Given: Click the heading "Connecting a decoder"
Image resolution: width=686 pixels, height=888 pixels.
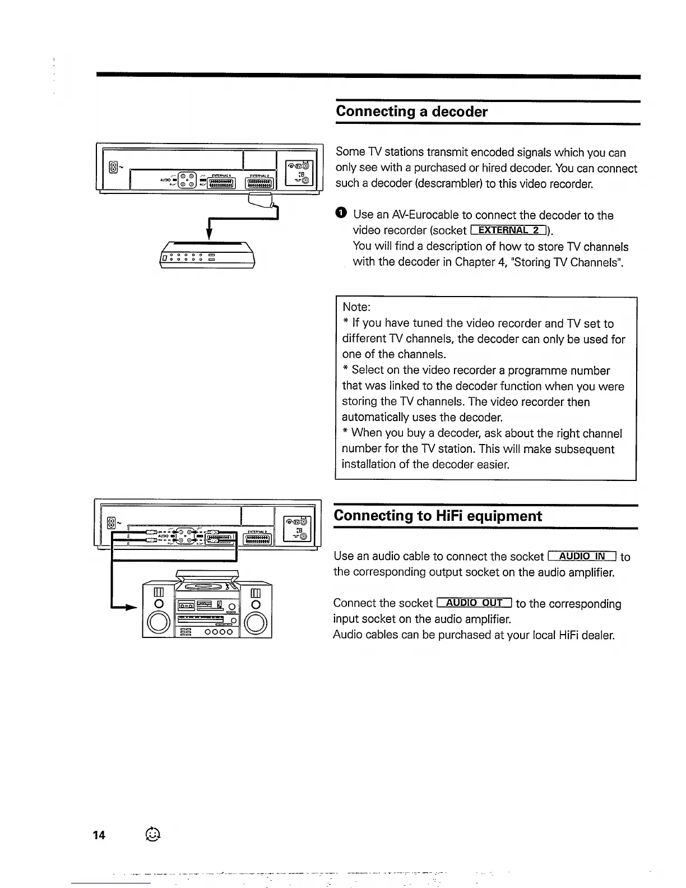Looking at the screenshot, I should click(411, 111).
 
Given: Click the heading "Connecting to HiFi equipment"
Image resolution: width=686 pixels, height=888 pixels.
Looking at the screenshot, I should click(438, 516).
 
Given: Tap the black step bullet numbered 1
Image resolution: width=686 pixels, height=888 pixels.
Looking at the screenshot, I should click(341, 214).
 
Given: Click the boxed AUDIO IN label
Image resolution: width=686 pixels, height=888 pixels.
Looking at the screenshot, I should click(582, 556).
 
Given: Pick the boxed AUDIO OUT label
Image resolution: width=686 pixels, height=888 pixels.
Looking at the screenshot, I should click(474, 603).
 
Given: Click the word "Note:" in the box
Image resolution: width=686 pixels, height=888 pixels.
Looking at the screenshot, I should click(356, 307).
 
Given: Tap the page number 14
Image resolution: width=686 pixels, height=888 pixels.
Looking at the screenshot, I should click(99, 835).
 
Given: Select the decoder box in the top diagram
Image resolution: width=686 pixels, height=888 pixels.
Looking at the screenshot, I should click(208, 256).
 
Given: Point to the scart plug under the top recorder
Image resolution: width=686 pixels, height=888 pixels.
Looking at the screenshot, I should click(261, 199).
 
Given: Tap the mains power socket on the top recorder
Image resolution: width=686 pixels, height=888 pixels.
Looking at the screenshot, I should click(114, 167).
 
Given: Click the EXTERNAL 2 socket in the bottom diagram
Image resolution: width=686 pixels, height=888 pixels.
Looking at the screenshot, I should click(258, 538).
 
